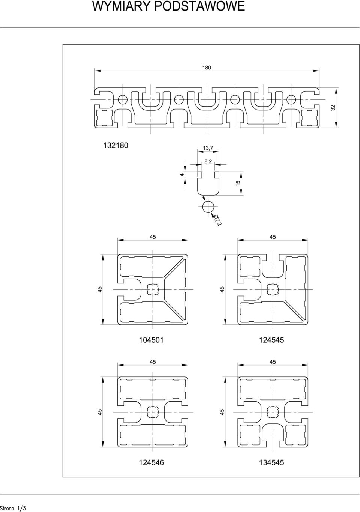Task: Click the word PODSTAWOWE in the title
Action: click(x=199, y=6)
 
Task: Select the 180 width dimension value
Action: click(x=207, y=68)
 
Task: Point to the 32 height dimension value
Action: click(x=333, y=108)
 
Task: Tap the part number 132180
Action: click(x=116, y=145)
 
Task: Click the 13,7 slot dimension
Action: click(x=208, y=148)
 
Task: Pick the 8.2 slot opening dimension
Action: click(x=208, y=161)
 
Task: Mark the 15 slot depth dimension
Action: click(x=238, y=183)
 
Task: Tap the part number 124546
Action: click(x=151, y=456)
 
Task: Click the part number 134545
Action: click(x=271, y=456)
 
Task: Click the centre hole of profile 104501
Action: click(x=153, y=289)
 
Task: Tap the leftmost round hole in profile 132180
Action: click(x=123, y=99)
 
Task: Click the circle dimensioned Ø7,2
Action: click(x=208, y=207)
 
